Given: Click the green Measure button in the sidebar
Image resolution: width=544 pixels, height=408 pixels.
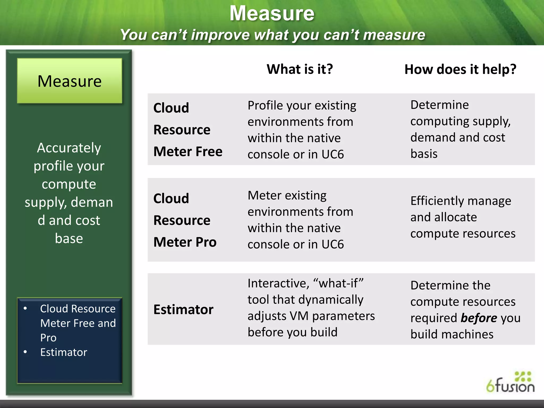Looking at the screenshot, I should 70,81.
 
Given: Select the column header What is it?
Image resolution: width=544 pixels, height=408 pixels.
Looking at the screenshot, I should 300,69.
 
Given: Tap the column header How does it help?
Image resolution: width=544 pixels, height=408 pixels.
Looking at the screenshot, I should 460,69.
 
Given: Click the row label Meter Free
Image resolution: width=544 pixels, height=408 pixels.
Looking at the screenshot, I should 188,152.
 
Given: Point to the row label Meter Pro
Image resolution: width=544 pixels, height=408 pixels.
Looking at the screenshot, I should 185,242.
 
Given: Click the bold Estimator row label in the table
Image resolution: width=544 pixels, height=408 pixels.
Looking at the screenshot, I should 183,310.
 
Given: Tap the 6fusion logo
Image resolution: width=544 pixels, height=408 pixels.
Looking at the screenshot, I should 510,383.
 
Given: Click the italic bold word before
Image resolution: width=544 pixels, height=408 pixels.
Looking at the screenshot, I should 479,318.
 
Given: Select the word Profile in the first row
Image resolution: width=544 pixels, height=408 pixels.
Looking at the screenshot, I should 265,105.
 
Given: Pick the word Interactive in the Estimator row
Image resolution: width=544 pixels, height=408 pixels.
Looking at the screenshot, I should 278,283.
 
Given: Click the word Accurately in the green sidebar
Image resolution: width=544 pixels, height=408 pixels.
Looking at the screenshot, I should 69,148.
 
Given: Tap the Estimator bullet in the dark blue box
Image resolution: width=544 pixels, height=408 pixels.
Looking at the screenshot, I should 63,352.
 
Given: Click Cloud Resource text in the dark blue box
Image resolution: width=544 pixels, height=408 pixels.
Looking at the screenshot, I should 78,309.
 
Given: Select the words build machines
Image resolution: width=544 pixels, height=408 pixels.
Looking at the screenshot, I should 452,334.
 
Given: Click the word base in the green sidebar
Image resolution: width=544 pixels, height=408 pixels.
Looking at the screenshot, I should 69,239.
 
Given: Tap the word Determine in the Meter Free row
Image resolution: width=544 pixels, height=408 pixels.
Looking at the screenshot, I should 440,105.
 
